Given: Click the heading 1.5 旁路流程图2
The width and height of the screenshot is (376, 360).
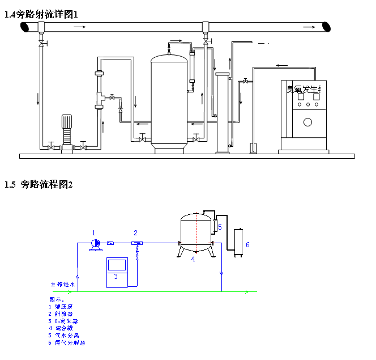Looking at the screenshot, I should click(39, 184).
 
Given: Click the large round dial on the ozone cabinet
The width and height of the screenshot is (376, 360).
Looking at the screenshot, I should click(308, 122).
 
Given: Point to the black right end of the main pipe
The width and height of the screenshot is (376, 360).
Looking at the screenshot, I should click(327, 26).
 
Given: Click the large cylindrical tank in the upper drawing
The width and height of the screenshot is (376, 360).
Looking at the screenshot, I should click(169, 102).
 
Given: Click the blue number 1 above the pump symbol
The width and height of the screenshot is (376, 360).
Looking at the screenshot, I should click(94, 232).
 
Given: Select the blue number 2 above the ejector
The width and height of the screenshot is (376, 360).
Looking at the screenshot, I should click(135, 232).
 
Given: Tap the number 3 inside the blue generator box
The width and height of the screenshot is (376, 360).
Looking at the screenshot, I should click(116, 276).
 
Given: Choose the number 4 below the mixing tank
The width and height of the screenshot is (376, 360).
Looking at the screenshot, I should click(193, 259).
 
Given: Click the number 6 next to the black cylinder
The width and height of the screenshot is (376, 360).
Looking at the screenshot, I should click(247, 244).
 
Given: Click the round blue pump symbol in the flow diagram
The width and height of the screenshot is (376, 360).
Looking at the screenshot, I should click(95, 243).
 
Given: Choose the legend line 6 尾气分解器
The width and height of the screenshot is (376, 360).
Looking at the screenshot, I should click(67, 343).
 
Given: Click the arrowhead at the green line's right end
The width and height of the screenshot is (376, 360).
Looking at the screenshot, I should click(247, 292).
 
